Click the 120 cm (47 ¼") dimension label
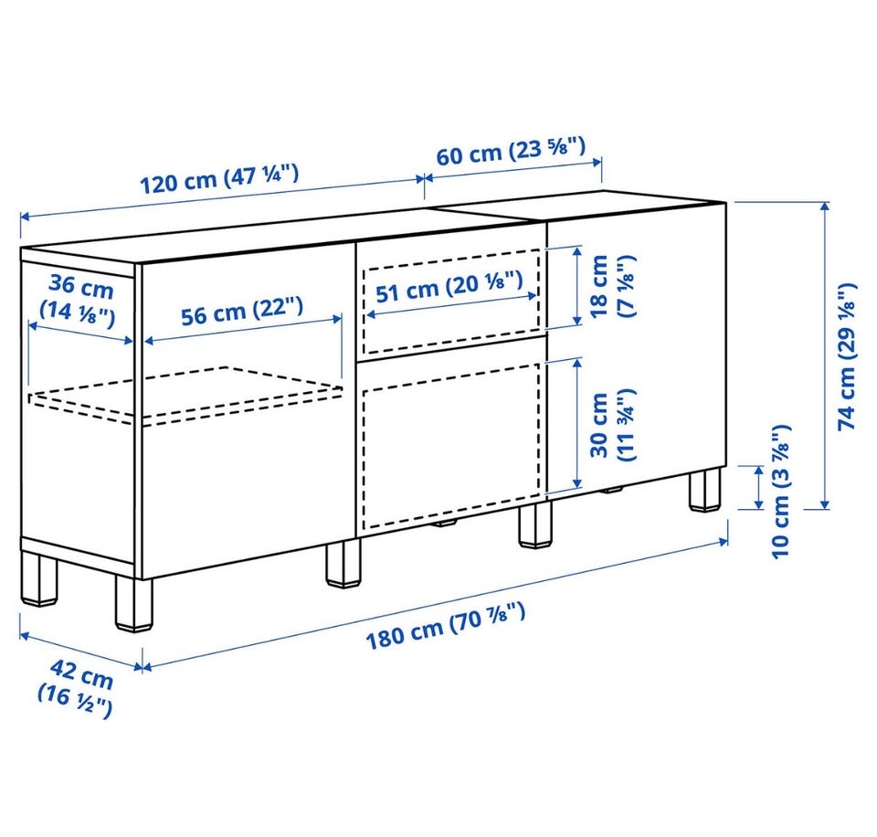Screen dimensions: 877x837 pos(218,178)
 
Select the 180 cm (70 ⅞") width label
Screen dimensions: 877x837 pos(445,626)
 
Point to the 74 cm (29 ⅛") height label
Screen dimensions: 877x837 pos(847,357)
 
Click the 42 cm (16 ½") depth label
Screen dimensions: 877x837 pos(77,688)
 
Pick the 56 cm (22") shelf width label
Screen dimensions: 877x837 pos(242,311)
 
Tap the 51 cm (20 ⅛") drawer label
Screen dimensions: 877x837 pos(449,286)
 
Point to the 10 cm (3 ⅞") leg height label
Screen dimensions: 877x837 pos(781,492)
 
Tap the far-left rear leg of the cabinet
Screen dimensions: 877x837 pos(39,578)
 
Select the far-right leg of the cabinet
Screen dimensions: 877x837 pos(704,489)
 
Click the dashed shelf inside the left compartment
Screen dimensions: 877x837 pos(185,391)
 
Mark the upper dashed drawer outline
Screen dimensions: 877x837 pos(450,302)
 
